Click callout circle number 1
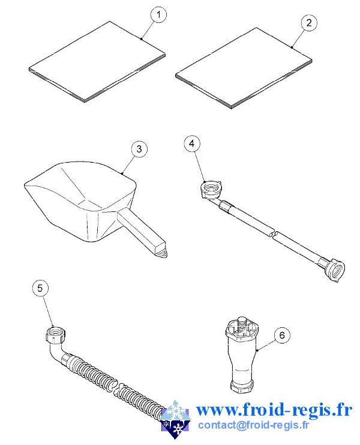159,14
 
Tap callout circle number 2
308,23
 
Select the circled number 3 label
139,149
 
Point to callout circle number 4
192,144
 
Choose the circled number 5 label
40,288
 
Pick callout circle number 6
282,336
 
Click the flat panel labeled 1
97,61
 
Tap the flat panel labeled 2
244,68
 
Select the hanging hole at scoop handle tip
163,253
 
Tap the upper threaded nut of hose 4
211,189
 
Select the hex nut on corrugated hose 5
56,336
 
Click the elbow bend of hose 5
56,353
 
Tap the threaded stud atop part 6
242,324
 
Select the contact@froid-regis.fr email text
253,425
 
